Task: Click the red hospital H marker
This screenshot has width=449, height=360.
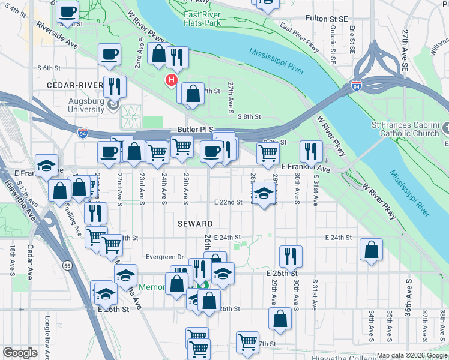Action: coord(172,80)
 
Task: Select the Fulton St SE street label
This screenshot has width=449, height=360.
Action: coord(327,19)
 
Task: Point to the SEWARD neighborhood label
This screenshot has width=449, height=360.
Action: coord(195,223)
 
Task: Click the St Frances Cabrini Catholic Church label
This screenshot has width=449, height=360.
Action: coord(405,129)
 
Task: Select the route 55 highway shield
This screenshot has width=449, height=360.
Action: coord(67,265)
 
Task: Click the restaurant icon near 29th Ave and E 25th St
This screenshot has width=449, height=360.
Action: coord(291,256)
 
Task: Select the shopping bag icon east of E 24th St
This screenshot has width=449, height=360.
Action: coord(372,249)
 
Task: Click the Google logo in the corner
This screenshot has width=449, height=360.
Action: coord(20,353)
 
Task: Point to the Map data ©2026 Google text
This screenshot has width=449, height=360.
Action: coord(412,355)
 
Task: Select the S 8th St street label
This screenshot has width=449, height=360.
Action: coord(250,116)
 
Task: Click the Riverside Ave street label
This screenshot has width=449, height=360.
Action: coord(58,36)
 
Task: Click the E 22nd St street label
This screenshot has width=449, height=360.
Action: coord(228,202)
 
